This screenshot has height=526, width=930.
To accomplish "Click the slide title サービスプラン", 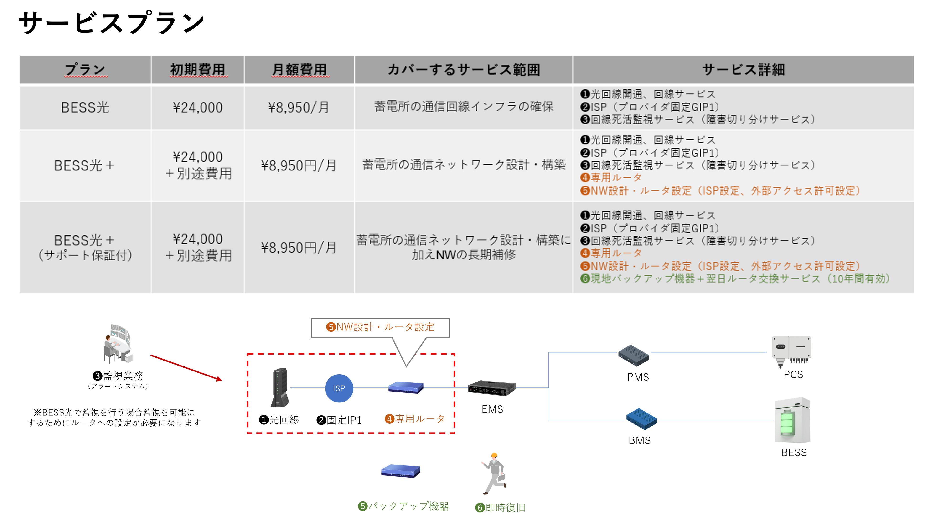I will (x=111, y=22).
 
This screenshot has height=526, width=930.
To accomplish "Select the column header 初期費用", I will (x=198, y=70).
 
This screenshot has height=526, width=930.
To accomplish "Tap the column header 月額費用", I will (x=299, y=70).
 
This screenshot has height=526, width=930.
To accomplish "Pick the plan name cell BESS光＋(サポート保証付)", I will (x=85, y=248).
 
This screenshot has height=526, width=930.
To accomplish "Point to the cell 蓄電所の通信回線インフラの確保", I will (x=464, y=107).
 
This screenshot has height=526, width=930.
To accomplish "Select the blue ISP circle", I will (x=339, y=388).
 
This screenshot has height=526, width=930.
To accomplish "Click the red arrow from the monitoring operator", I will (x=186, y=367).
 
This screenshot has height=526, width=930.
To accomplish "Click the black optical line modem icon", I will (x=280, y=388).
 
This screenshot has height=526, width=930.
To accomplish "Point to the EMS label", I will (x=492, y=409).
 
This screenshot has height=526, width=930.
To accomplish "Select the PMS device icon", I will (x=633, y=356).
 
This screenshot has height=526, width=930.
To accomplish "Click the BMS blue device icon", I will (x=641, y=419).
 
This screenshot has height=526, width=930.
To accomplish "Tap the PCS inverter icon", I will (x=791, y=351).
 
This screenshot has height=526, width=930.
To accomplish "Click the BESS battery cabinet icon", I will (x=792, y=421).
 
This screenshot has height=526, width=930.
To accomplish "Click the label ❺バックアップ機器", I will (x=403, y=506).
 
